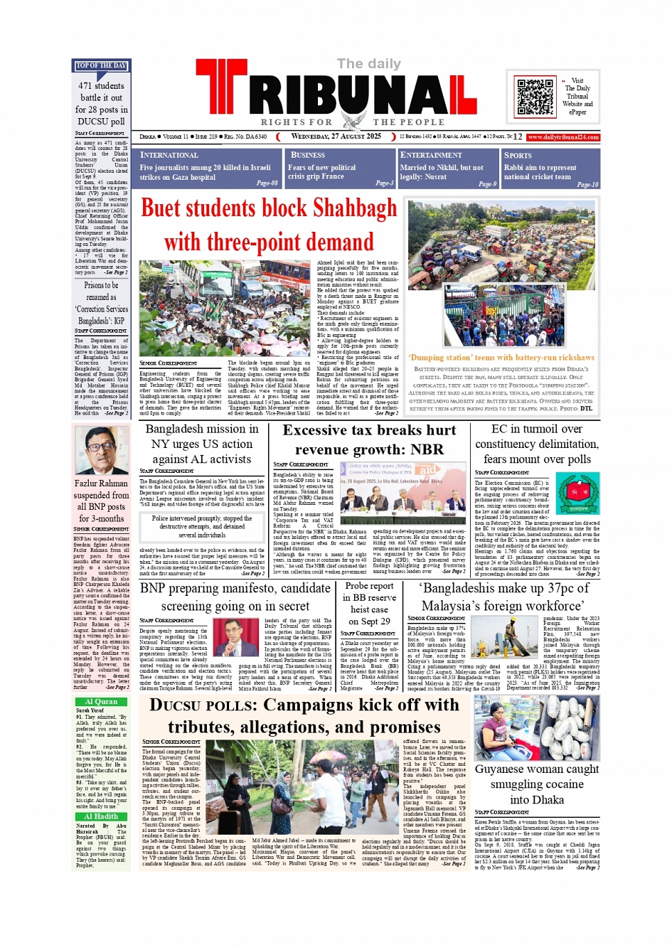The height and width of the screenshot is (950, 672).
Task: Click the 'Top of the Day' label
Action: (x=101, y=66)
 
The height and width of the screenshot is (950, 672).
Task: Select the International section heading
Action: (x=169, y=155)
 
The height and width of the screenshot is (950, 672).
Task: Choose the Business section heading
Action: (x=307, y=155)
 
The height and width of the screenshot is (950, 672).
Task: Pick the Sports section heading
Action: (x=518, y=155)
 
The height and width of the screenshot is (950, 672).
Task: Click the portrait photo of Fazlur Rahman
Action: (x=101, y=450)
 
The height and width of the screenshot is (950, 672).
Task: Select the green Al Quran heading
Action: (x=101, y=701)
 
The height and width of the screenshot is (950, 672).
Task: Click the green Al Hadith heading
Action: (x=101, y=816)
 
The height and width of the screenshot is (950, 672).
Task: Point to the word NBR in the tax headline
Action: (x=427, y=449)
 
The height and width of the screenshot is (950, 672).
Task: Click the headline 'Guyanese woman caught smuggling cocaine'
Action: (x=537, y=784)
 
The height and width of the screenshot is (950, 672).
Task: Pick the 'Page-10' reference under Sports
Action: (x=587, y=184)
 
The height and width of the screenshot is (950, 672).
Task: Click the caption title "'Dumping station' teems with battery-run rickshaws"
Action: (x=501, y=358)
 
